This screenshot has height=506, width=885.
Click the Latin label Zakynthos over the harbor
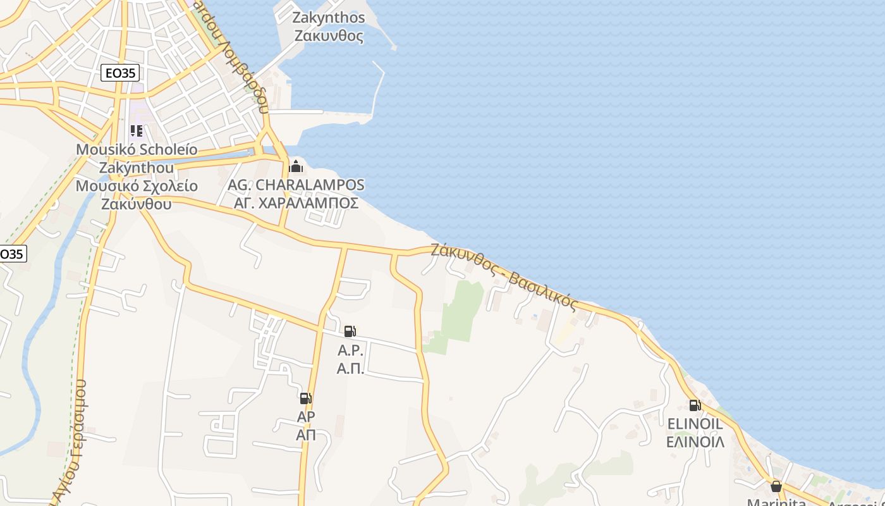(x=328, y=17)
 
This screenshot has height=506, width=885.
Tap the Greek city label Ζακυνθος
(x=329, y=35)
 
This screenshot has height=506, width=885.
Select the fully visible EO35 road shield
(x=120, y=73)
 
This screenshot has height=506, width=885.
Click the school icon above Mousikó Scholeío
(x=137, y=131)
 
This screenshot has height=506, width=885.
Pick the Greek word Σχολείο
(x=166, y=187)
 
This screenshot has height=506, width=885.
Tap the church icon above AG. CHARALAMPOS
(x=295, y=166)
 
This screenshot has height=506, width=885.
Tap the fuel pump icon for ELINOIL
(x=695, y=405)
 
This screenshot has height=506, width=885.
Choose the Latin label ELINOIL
(x=695, y=423)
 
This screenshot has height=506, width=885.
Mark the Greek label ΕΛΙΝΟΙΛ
(x=695, y=441)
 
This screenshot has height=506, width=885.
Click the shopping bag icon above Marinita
(x=776, y=486)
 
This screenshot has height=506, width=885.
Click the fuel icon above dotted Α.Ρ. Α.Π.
(x=350, y=331)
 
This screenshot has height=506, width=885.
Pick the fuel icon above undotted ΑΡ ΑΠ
(x=305, y=398)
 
